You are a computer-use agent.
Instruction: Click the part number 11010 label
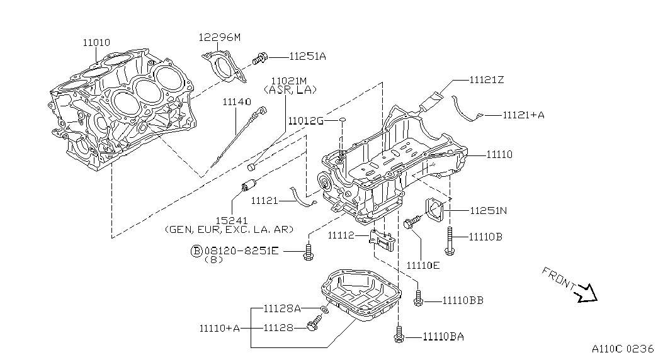96,43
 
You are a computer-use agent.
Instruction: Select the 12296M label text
220,38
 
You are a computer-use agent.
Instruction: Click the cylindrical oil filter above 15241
249,186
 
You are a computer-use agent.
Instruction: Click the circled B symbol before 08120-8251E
196,250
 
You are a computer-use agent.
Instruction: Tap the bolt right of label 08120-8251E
308,250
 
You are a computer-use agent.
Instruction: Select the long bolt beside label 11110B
449,242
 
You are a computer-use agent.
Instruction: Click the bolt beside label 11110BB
418,301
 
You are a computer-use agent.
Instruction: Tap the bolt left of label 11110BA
398,337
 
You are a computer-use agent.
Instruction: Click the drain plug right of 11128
313,325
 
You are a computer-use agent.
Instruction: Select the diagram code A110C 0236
623,348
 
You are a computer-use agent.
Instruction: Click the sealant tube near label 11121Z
433,100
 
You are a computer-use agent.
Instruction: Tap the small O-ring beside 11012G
341,119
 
